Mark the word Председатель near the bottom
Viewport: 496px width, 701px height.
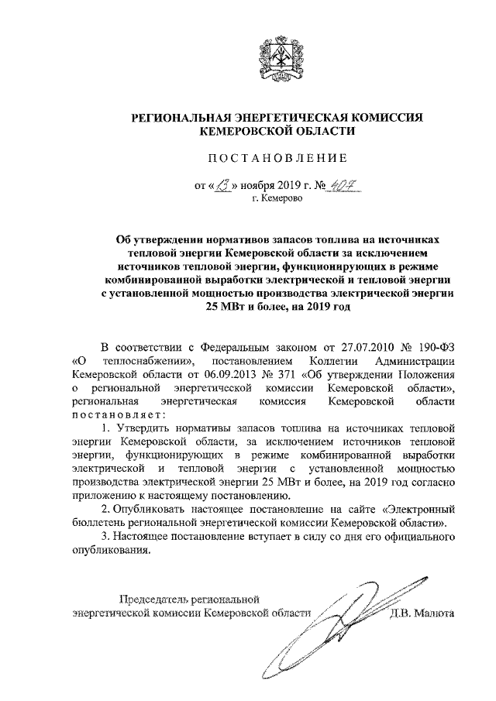156,599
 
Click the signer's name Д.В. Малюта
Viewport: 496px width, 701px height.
422,613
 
